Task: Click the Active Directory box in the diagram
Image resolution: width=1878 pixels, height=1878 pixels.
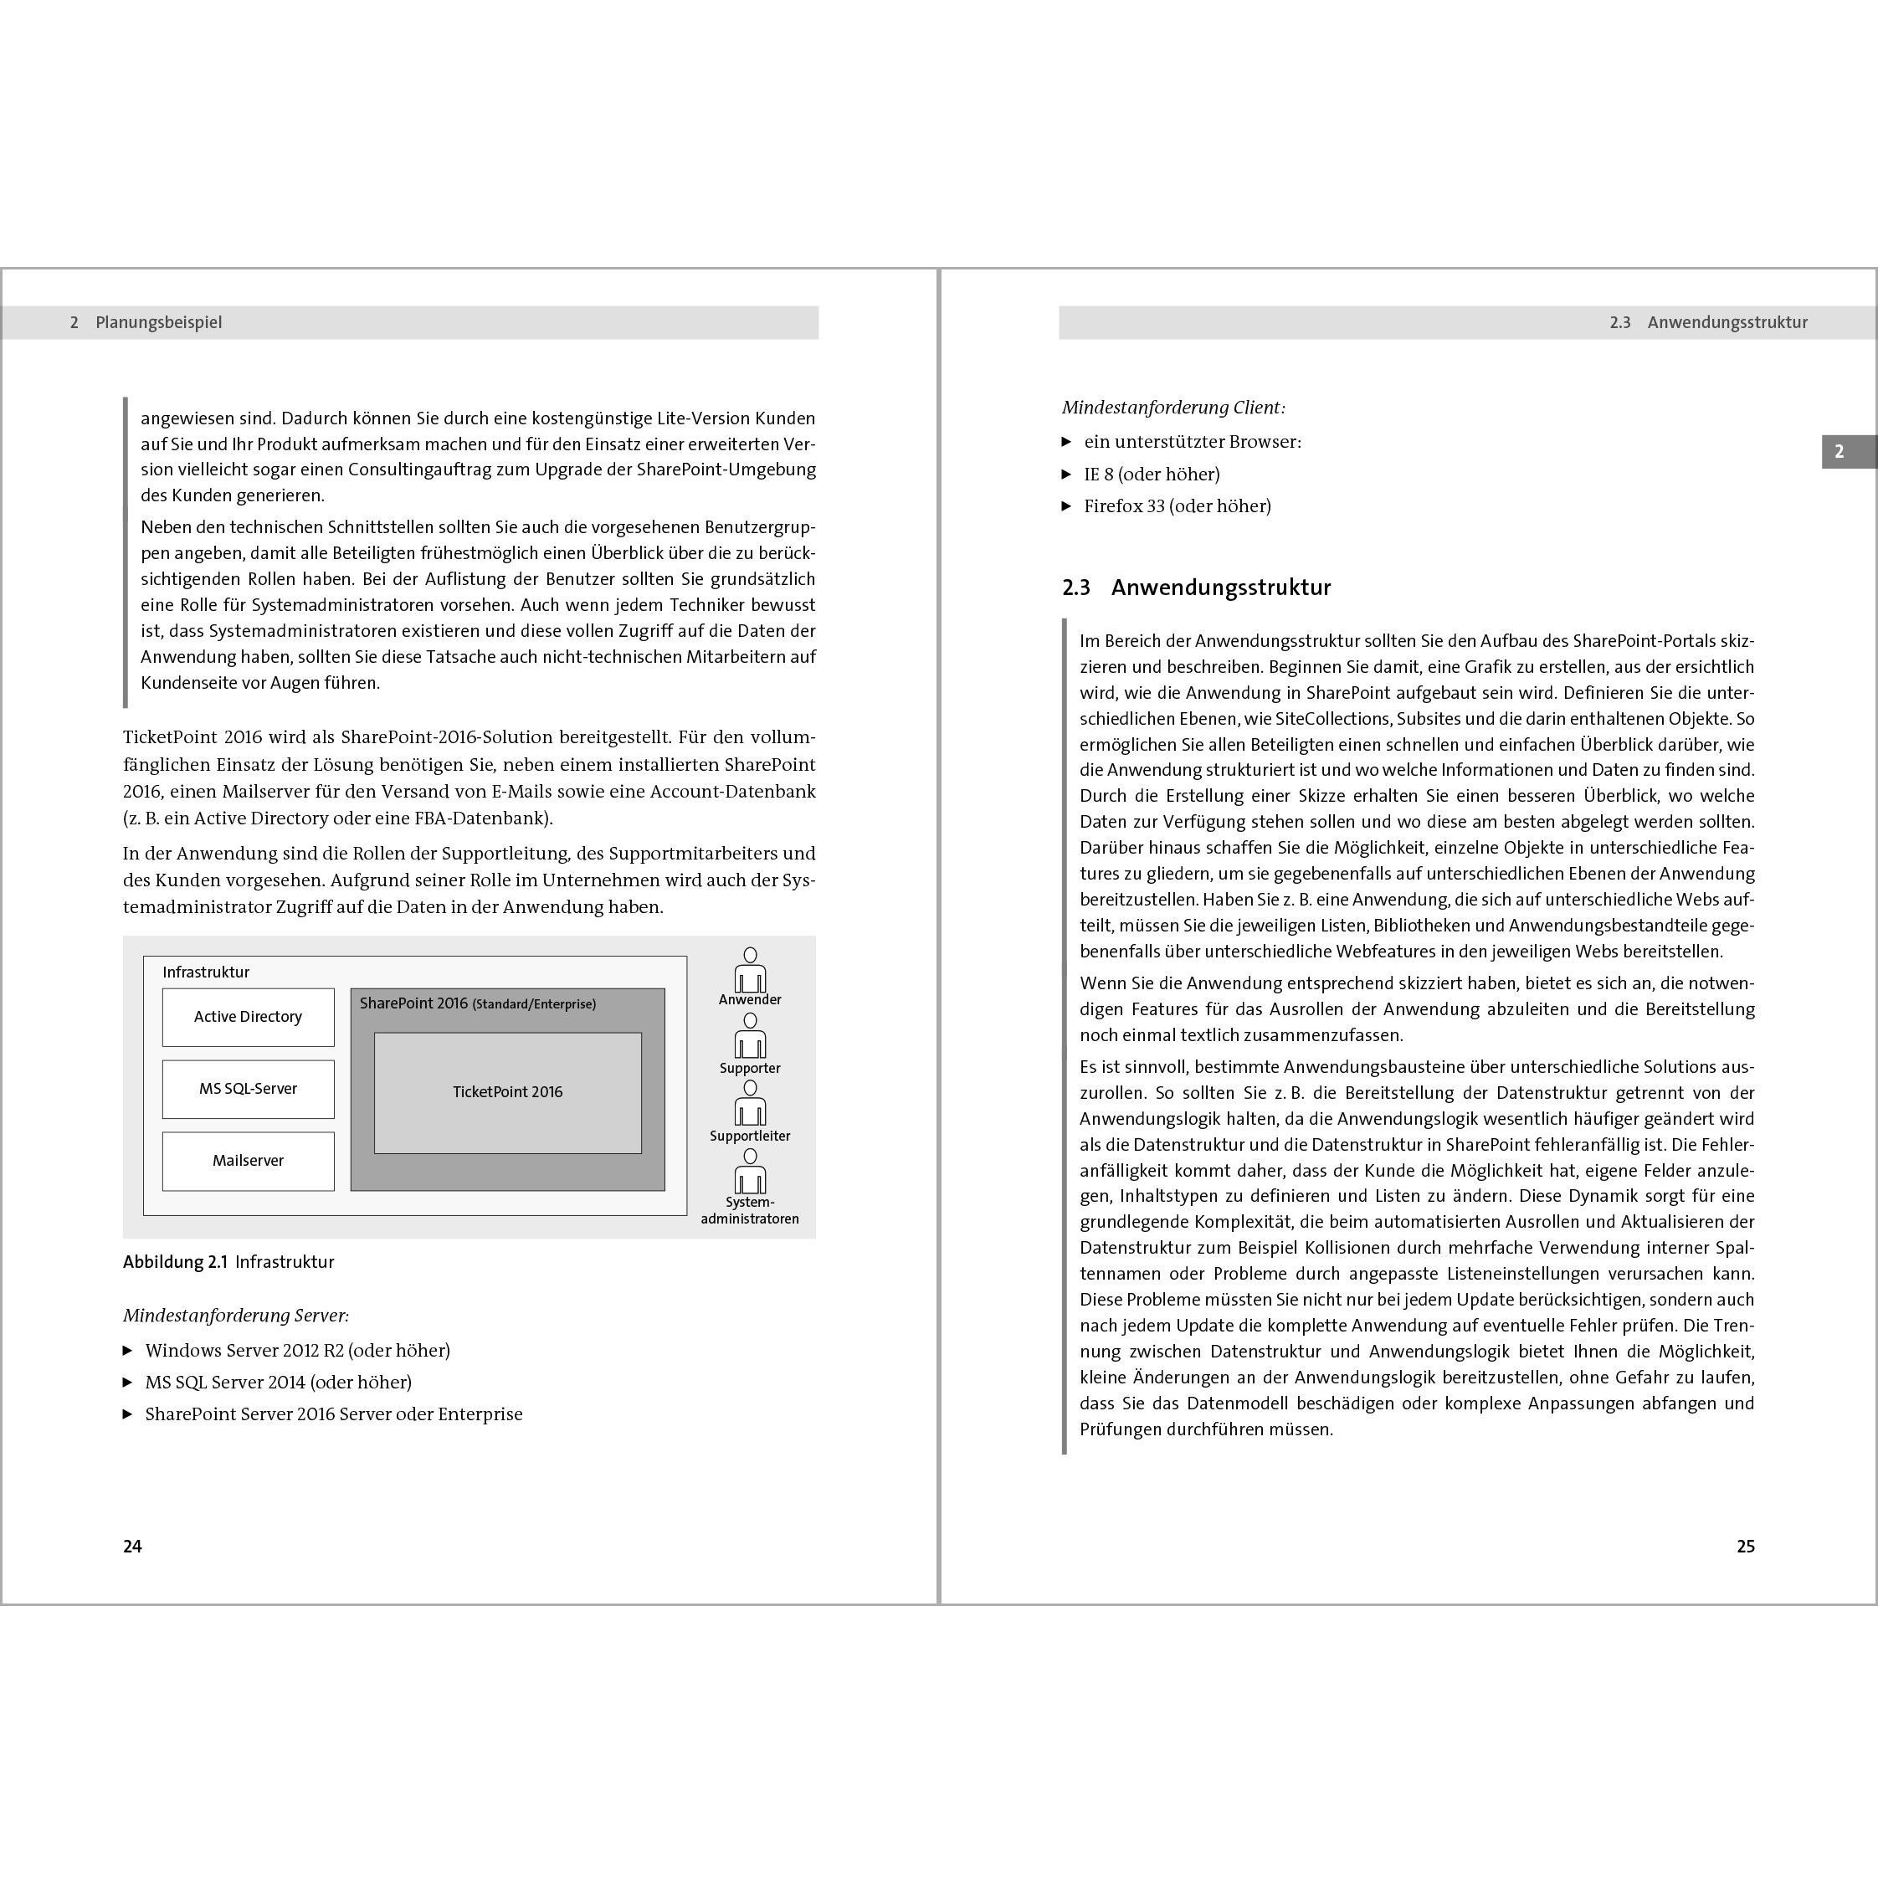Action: coord(248,1017)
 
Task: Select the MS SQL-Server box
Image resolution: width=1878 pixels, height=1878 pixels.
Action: coord(248,1089)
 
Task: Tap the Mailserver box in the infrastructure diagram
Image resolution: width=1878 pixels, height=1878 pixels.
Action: coord(248,1161)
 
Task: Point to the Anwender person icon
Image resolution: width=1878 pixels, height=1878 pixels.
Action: coord(750,970)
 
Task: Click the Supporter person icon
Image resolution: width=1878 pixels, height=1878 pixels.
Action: coord(750,1037)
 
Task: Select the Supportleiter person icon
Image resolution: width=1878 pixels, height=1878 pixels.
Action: coord(750,1106)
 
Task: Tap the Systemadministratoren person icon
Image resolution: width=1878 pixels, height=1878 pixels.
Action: coord(750,1172)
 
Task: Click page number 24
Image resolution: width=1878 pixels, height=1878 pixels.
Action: coord(132,1546)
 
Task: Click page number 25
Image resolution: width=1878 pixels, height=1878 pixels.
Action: coord(1745,1546)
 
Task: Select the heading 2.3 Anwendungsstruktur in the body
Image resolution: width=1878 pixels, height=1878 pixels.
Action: coord(1197,588)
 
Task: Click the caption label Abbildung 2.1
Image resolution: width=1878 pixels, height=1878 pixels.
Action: coord(175,1262)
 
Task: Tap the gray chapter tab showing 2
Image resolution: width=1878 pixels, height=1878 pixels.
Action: coord(1838,452)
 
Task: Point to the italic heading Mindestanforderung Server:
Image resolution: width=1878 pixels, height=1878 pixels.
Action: coord(235,1315)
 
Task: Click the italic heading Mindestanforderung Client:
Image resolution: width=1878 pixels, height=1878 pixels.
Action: coord(1173,408)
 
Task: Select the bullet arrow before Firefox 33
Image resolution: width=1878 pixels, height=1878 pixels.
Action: coord(1066,506)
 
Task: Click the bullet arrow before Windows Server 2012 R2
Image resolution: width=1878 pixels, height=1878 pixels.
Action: coord(127,1350)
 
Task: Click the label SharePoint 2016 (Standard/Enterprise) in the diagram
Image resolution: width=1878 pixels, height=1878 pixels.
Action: coord(477,1003)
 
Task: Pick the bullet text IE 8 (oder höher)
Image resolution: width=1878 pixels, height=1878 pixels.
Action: coord(1152,475)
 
